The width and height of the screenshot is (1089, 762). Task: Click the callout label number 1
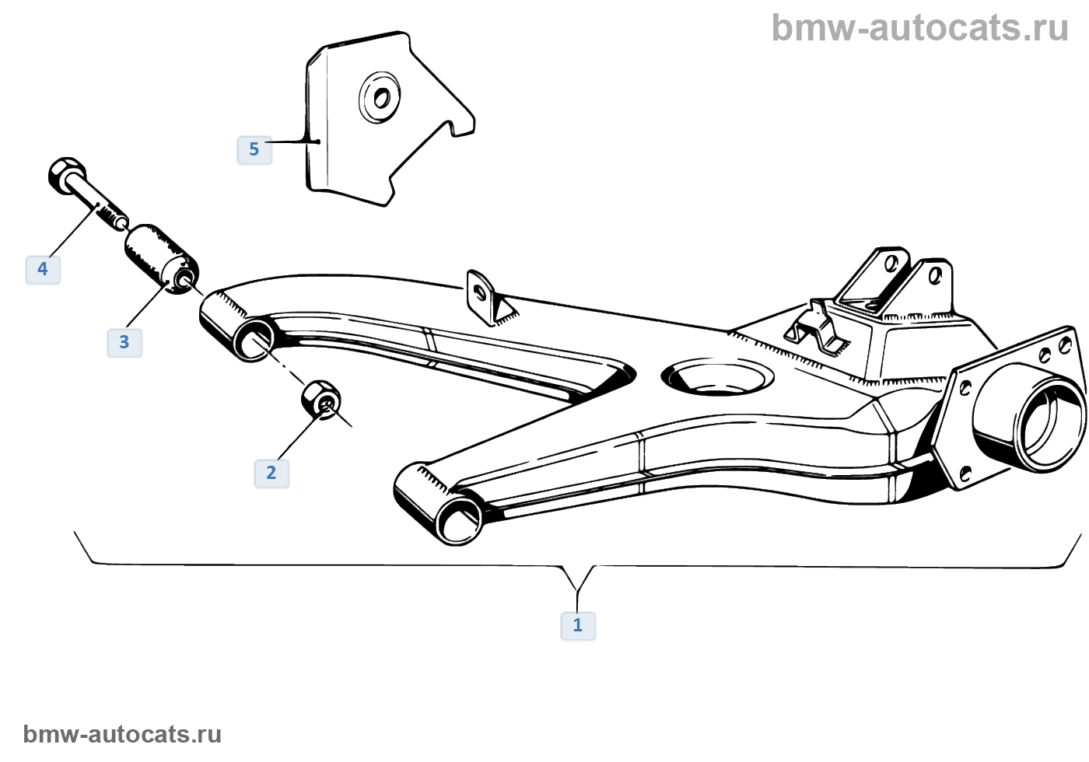578,625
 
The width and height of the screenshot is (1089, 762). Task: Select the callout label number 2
271,473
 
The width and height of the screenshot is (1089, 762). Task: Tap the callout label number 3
124,342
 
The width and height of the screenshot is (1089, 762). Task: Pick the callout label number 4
43,269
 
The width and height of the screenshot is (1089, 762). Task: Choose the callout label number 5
254,149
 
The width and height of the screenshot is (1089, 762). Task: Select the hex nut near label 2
320,400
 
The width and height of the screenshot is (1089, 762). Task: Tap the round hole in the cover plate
381,99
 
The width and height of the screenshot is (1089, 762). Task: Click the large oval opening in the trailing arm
717,377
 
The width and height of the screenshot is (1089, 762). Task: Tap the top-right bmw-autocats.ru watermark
919,29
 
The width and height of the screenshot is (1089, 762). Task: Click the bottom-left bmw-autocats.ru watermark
122,734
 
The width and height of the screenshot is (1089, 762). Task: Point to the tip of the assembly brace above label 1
577,591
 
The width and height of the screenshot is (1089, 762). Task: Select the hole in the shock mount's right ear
935,275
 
